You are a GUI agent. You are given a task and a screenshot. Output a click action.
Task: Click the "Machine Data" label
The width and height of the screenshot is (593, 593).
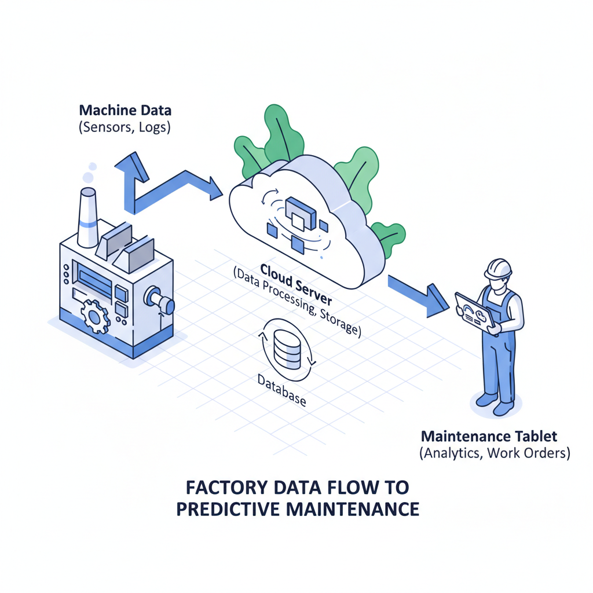point(125,109)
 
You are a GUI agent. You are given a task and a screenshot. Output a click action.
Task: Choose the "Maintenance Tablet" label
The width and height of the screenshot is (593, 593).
point(490,435)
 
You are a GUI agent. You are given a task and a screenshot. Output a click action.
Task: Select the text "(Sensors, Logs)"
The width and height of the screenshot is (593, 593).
point(125,127)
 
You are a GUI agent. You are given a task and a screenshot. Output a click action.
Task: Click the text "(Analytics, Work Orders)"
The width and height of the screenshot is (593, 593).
point(494,453)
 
